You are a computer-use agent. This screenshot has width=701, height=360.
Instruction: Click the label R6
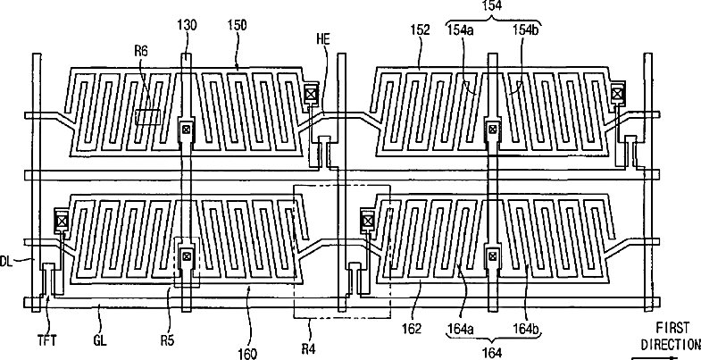click(x=140, y=52)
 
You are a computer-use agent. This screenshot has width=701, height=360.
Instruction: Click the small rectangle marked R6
click(x=147, y=117)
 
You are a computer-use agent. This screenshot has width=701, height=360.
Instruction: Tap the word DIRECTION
click(x=669, y=341)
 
